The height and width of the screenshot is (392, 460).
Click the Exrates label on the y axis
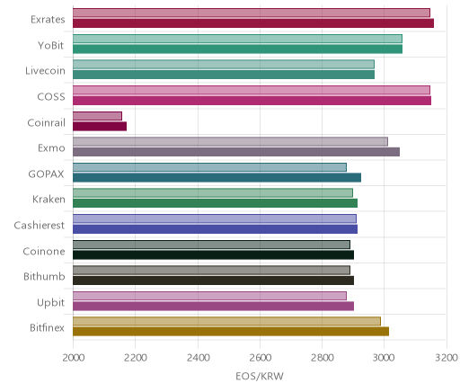point(48,20)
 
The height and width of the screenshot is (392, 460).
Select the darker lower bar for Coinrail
point(100,127)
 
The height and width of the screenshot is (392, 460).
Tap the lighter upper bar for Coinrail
point(97,116)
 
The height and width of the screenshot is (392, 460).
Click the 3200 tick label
point(447,358)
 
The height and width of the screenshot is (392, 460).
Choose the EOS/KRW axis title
point(260,377)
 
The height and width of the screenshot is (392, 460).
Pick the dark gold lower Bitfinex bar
point(231,332)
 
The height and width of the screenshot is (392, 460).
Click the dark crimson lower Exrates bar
point(253,23)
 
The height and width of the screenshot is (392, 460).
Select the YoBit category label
point(51,45)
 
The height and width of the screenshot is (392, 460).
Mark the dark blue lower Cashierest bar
point(215,229)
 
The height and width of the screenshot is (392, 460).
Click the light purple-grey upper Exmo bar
point(230,142)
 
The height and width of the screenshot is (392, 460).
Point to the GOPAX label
point(46,174)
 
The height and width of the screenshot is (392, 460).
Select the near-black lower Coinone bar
point(213,255)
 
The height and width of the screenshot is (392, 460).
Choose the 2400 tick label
point(198,358)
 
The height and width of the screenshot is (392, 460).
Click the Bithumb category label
point(44,276)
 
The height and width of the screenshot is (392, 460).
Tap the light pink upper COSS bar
point(252,90)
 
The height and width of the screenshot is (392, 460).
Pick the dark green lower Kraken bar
point(215,203)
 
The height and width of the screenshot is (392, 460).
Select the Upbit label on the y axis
point(51,303)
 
